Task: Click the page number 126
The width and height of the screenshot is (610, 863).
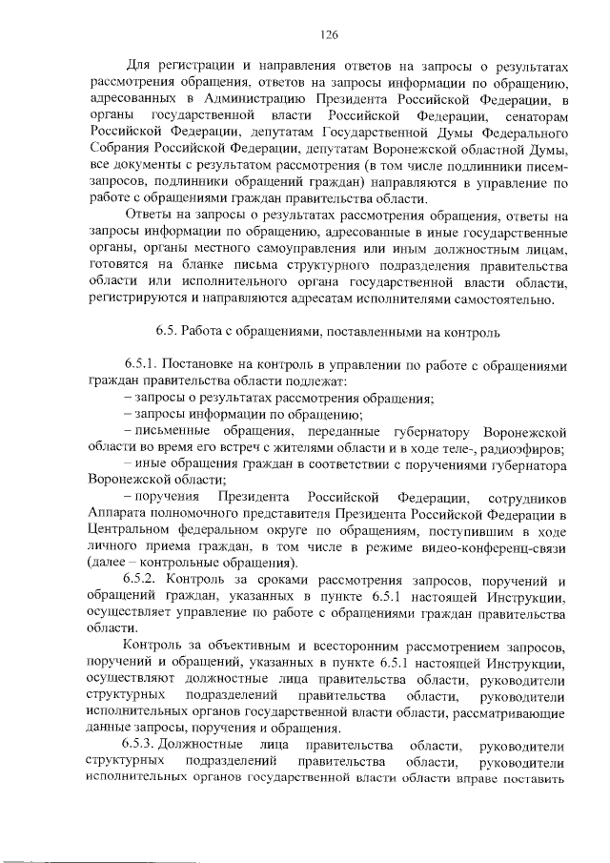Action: click(331, 34)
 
